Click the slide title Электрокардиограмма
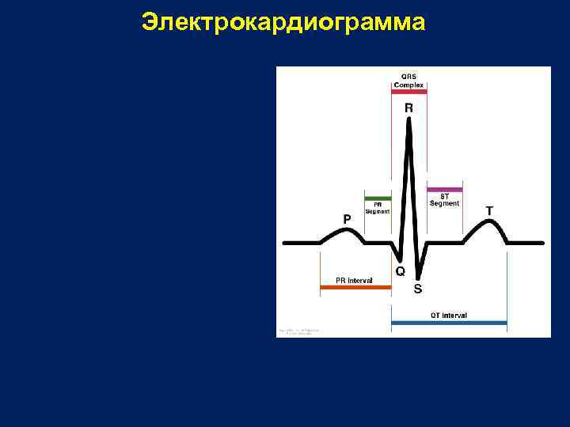pyautogui.click(x=283, y=23)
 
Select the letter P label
pyautogui.click(x=347, y=217)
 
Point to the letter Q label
pyautogui.click(x=400, y=270)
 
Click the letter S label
pyautogui.click(x=417, y=289)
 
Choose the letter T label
pyautogui.click(x=489, y=211)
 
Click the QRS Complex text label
pyautogui.click(x=409, y=81)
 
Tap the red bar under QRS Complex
pyautogui.click(x=409, y=93)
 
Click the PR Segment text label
pyautogui.click(x=378, y=207)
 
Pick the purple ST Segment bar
pyautogui.click(x=444, y=190)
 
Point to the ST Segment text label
pyautogui.click(x=444, y=200)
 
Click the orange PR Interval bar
pyautogui.click(x=355, y=288)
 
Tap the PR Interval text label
pyautogui.click(x=354, y=280)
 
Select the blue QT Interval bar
pyautogui.click(x=449, y=323)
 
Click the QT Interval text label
pyautogui.click(x=448, y=315)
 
